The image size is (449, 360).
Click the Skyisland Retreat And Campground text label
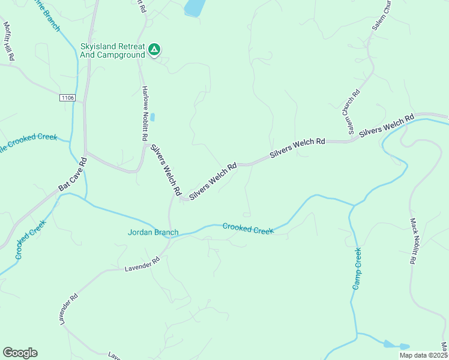pos(113,50)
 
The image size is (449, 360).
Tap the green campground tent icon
pos(154,50)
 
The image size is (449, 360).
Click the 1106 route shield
pos(67,97)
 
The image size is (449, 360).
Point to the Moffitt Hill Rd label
pos(9,41)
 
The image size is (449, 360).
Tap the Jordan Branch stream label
pos(153,232)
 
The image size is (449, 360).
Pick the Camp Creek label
pos(357,268)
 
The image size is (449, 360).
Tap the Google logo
pos(20,353)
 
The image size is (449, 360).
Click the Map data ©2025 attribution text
pos(423,355)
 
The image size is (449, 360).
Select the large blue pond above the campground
pos(194,7)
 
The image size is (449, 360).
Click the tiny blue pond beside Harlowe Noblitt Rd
pos(152,117)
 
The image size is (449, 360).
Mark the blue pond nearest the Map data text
pos(396,346)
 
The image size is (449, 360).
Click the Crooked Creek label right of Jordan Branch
pos(248,228)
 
